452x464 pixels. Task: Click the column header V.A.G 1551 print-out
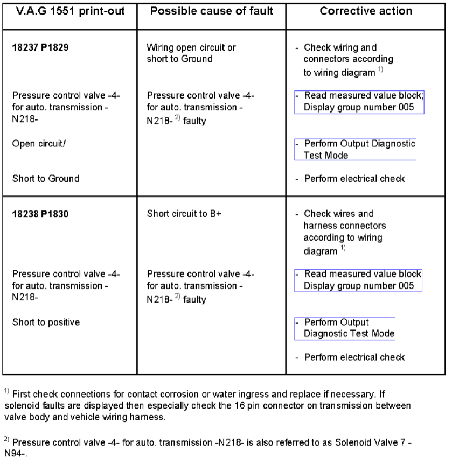click(69, 11)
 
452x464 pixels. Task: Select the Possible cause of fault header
click(211, 11)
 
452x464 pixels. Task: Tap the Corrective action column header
click(366, 11)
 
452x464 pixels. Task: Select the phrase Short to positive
click(46, 322)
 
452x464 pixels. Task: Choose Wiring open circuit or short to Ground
click(191, 53)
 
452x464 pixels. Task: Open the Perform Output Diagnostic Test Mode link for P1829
click(356, 149)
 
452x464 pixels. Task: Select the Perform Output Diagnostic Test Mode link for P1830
click(345, 328)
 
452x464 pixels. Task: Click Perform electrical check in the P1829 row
click(354, 179)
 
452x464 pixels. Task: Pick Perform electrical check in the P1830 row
click(354, 357)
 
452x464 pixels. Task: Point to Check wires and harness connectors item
click(345, 225)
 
